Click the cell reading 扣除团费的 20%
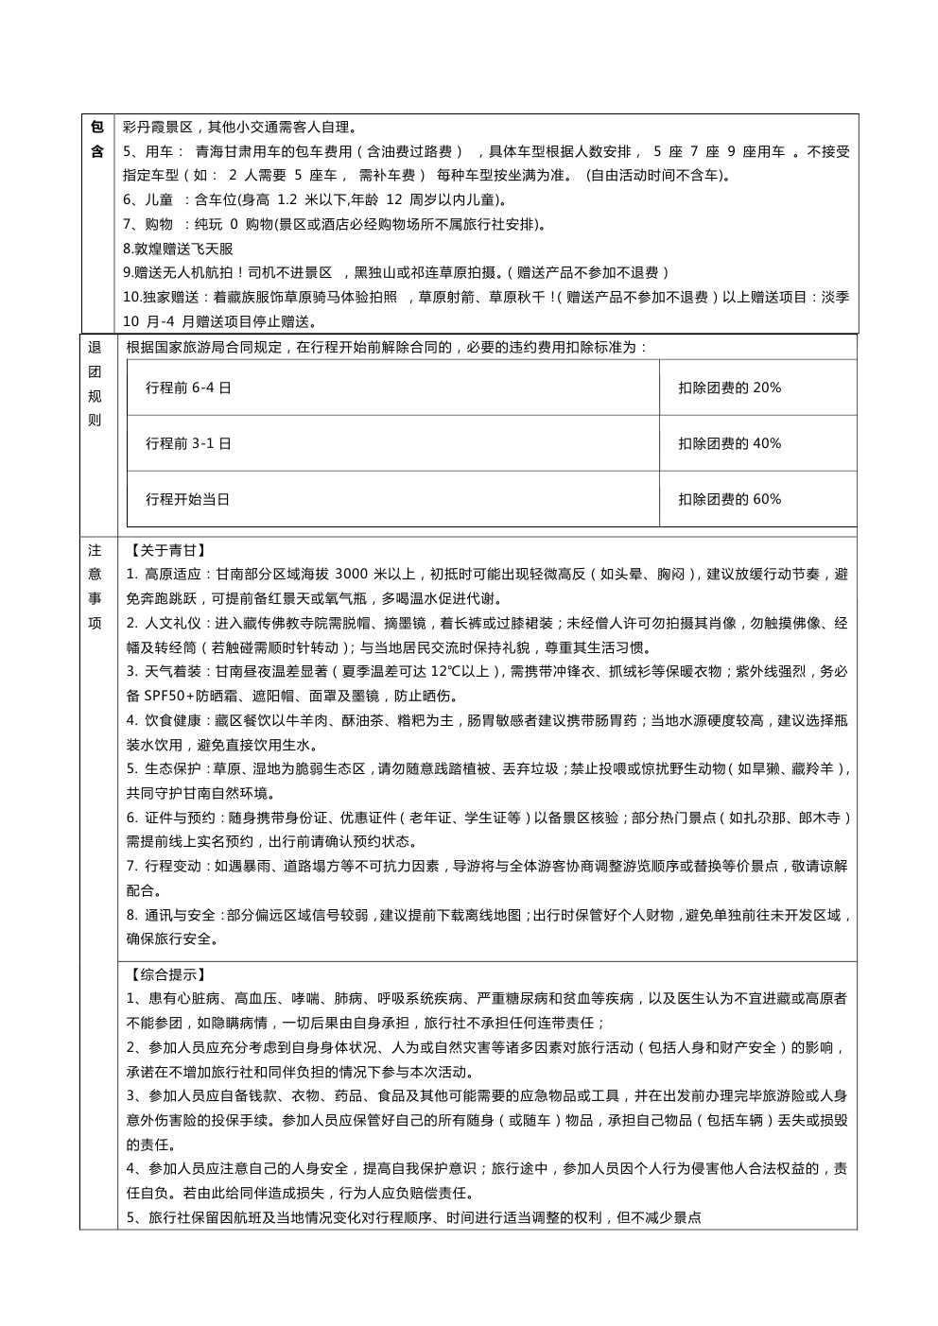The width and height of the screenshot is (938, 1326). (729, 387)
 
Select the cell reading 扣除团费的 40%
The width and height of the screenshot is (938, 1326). (729, 443)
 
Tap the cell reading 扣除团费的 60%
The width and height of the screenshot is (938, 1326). (729, 499)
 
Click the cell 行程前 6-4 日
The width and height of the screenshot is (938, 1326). (188, 387)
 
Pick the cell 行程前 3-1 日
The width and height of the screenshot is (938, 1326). (188, 443)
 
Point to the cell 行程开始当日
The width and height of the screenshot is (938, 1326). (188, 499)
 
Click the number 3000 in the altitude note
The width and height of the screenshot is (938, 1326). (351, 574)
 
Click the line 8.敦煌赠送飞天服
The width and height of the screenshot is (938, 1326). (178, 249)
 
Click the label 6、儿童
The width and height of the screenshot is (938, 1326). (148, 199)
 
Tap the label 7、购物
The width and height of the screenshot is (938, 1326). (148, 224)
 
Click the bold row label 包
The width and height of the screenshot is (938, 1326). (97, 127)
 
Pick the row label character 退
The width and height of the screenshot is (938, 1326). (95, 347)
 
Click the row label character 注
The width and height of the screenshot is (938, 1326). (95, 549)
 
